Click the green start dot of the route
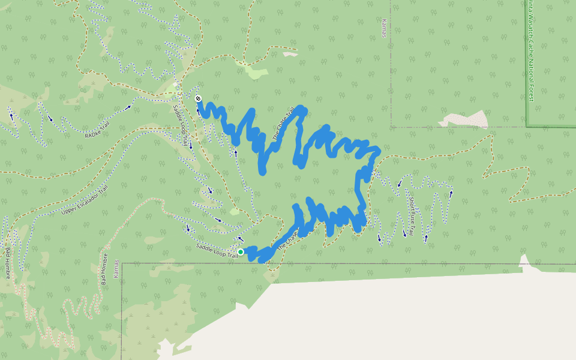point(241,252)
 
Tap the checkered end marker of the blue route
point(198,98)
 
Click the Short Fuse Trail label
point(413,208)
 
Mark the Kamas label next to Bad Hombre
point(118,271)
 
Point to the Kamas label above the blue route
point(384,28)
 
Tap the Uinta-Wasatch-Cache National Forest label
point(530,50)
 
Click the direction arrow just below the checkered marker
point(198,110)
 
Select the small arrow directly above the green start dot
point(241,238)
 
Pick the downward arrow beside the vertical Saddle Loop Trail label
point(190,146)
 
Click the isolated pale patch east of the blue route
point(466,119)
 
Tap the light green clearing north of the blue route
point(256,73)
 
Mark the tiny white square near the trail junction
point(175,85)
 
